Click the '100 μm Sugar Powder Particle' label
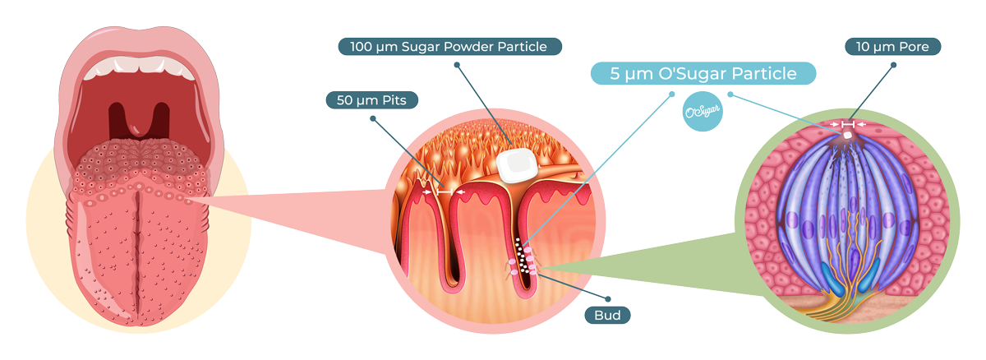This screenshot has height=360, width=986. (449, 46)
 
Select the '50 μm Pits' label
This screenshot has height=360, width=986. (372, 100)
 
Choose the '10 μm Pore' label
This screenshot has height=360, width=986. (892, 47)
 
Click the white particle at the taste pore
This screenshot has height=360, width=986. (847, 134)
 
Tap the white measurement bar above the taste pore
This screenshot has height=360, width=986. (847, 124)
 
